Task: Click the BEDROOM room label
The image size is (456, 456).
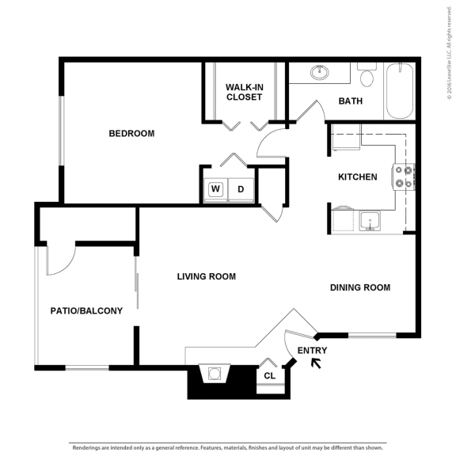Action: pyautogui.click(x=131, y=134)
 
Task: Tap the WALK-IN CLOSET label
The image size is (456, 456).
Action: pyautogui.click(x=245, y=92)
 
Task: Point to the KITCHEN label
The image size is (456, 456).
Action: pyautogui.click(x=358, y=177)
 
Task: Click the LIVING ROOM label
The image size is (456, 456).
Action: pyautogui.click(x=207, y=276)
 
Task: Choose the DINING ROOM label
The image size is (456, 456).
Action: pyautogui.click(x=360, y=287)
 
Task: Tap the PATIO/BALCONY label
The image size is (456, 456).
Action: pyautogui.click(x=86, y=311)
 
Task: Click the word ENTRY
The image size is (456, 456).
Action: pyautogui.click(x=312, y=350)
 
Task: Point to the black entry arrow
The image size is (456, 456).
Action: pyautogui.click(x=316, y=364)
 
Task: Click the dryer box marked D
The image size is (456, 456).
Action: pyautogui.click(x=241, y=189)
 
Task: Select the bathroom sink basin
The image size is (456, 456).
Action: pyautogui.click(x=321, y=73)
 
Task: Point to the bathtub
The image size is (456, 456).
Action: pyautogui.click(x=399, y=90)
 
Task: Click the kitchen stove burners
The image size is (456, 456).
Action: pyautogui.click(x=405, y=177)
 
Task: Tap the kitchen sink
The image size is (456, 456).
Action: pyautogui.click(x=369, y=220)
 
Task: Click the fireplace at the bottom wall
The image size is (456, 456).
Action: pyautogui.click(x=215, y=374)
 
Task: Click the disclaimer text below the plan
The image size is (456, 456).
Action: pyautogui.click(x=228, y=447)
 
